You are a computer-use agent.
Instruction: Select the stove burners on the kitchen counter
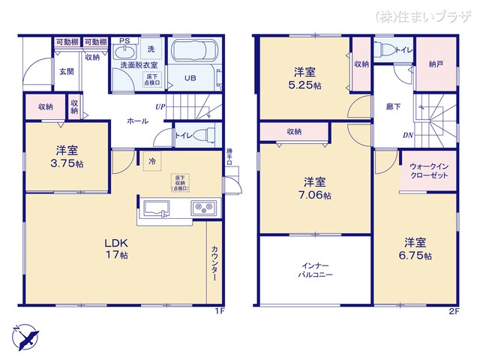click(203, 208)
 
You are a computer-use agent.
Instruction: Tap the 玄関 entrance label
click(67, 72)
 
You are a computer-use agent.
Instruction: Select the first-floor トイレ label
click(182, 136)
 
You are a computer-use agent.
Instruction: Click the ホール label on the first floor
click(136, 120)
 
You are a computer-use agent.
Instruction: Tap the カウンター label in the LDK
click(214, 263)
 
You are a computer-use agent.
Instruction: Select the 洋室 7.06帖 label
click(314, 188)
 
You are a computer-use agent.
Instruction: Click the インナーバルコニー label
click(314, 271)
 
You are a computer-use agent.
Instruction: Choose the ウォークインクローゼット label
click(428, 172)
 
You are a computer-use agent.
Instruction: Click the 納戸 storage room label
click(435, 64)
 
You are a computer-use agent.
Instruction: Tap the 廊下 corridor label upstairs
click(392, 106)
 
